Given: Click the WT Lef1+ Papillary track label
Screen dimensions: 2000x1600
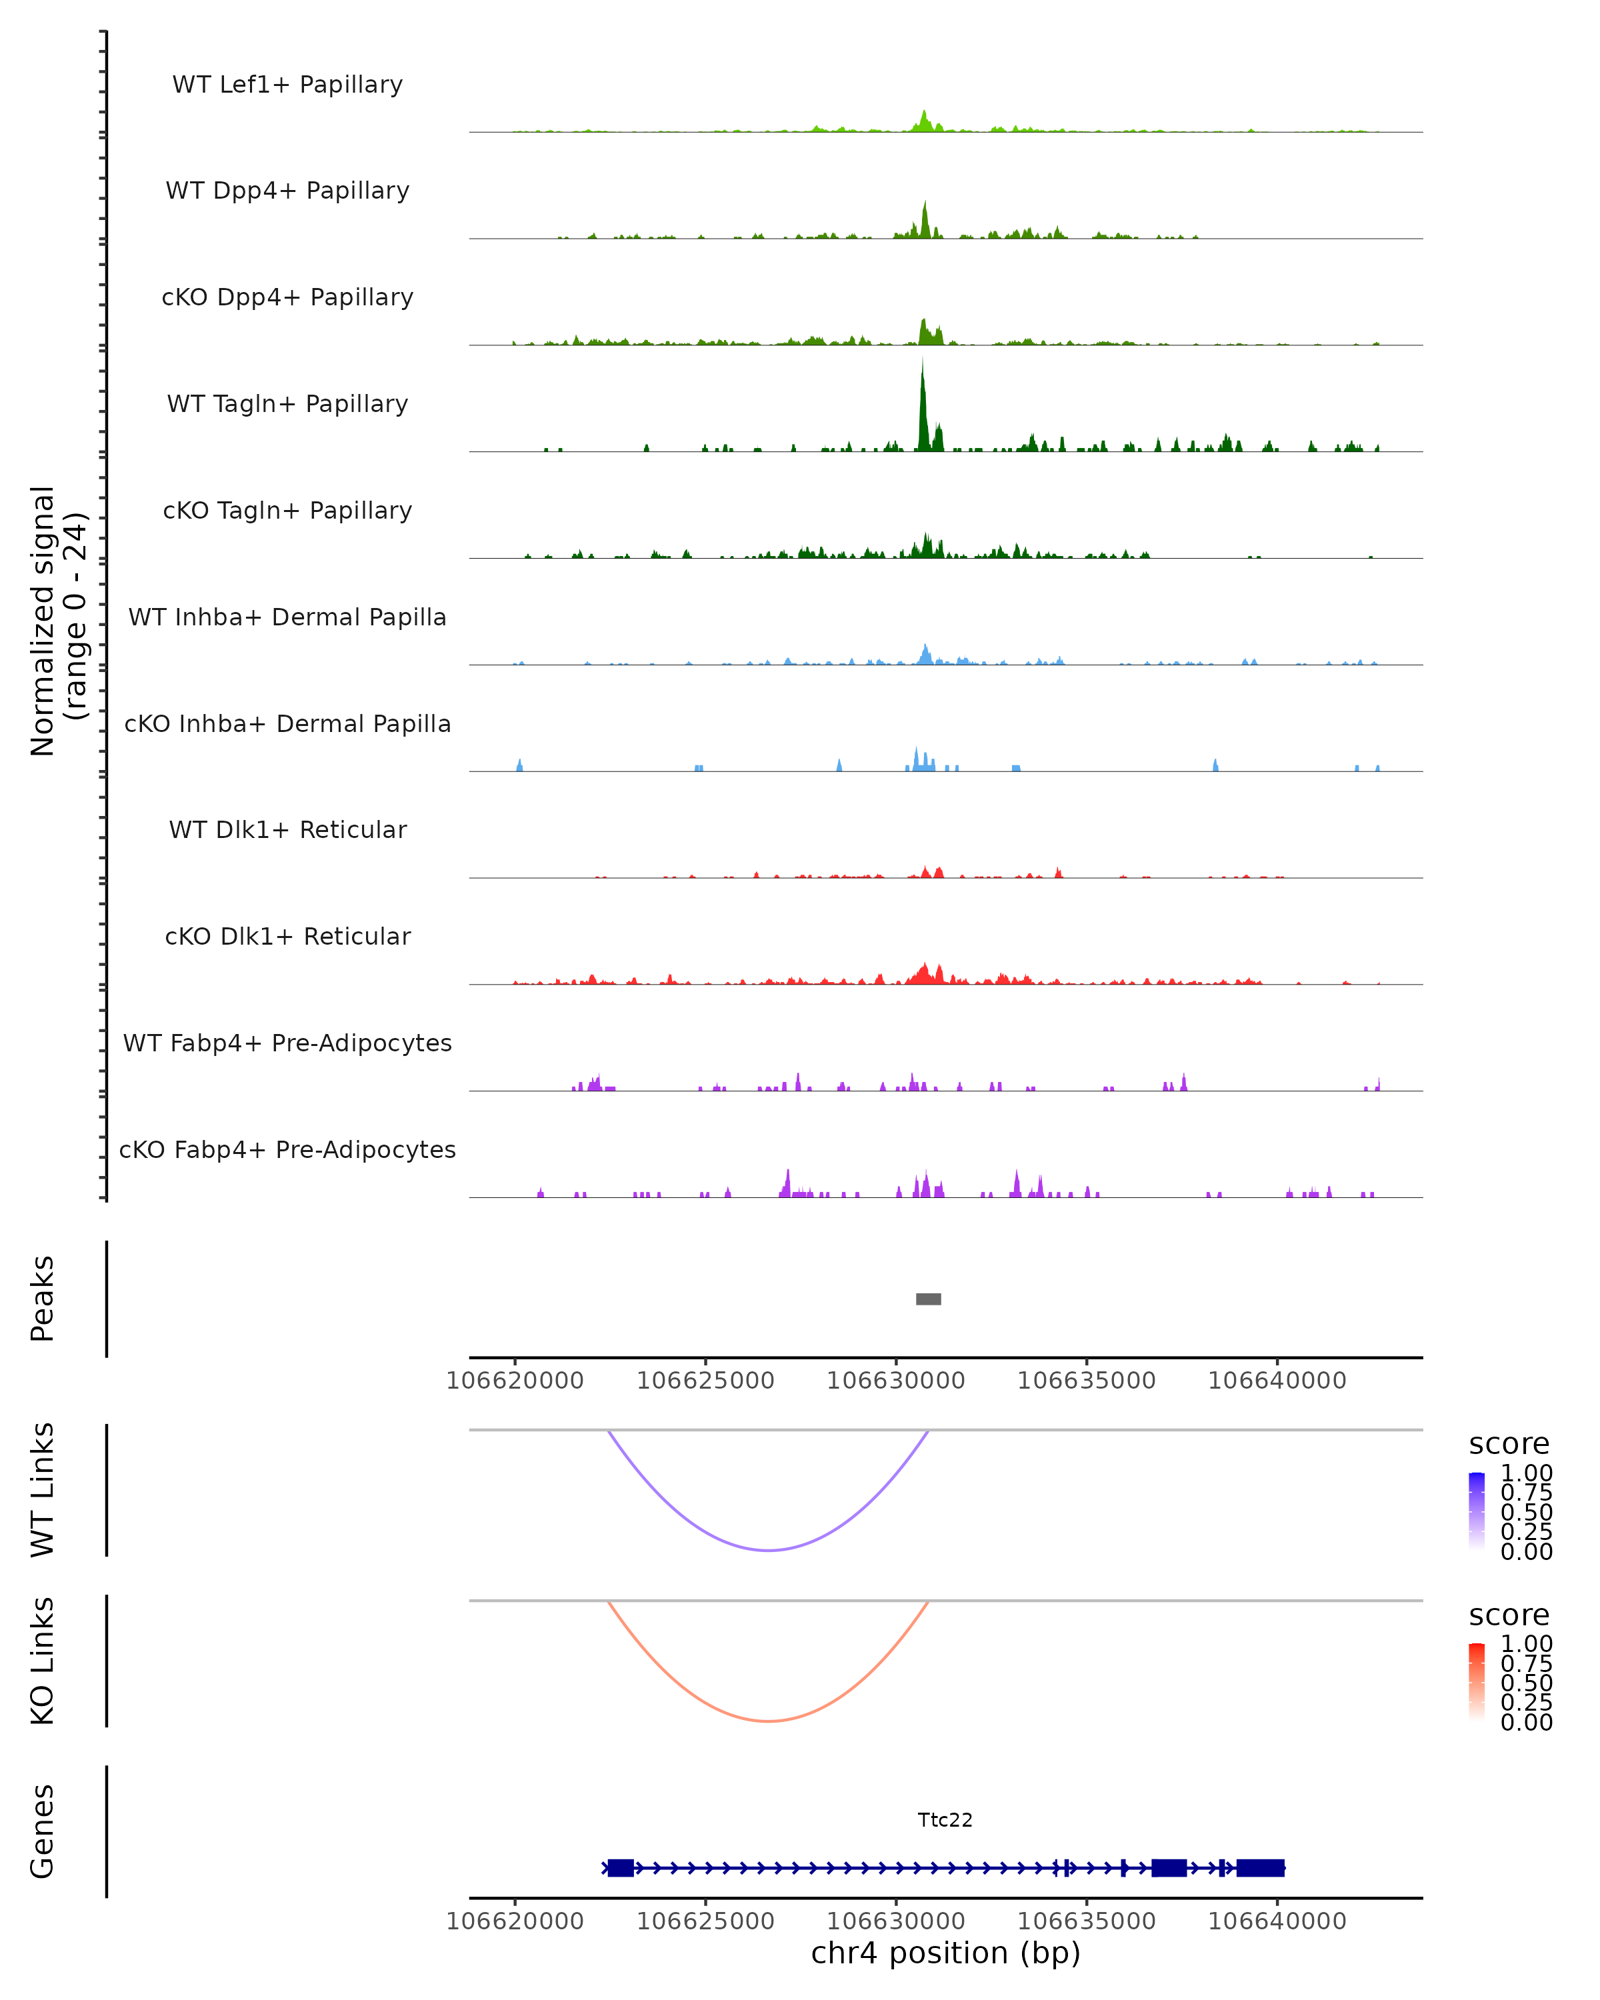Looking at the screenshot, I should click(x=287, y=85).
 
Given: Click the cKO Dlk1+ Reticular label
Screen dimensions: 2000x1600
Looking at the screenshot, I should click(x=287, y=936).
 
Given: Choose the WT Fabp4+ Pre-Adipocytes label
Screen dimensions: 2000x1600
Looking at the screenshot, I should click(x=287, y=1043).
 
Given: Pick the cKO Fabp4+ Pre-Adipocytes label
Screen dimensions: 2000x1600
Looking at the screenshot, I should click(x=287, y=1149).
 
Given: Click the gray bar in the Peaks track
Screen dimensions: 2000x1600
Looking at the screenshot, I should click(x=929, y=1299).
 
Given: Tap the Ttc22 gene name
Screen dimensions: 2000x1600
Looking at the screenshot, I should click(x=945, y=1820).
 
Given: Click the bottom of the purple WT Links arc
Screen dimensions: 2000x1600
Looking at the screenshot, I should click(x=768, y=1550).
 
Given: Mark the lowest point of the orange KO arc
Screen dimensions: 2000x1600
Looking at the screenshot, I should click(x=768, y=1721).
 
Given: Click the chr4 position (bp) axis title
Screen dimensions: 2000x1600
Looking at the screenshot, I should click(x=945, y=1953).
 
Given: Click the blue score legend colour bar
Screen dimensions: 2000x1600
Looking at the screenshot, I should click(x=1477, y=1511).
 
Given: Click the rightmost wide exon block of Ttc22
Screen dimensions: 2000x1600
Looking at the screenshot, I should click(x=1261, y=1868).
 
